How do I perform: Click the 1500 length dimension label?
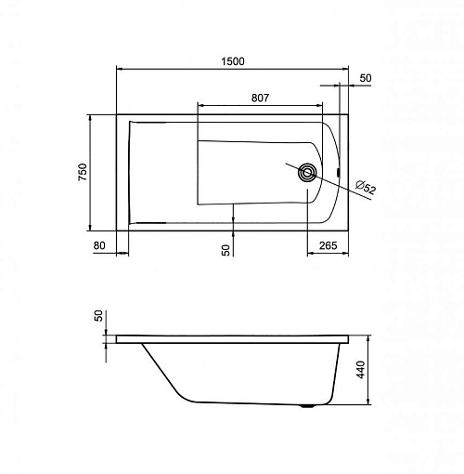click(233, 61)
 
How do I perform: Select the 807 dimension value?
click(260, 98)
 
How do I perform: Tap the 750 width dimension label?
click(83, 172)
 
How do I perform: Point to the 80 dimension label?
click(99, 245)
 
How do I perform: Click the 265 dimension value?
click(328, 245)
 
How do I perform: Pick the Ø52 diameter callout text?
click(366, 187)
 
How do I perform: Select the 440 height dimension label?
click(361, 370)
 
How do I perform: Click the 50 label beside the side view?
click(98, 316)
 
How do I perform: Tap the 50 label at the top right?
click(366, 78)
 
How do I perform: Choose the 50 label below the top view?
click(226, 250)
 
